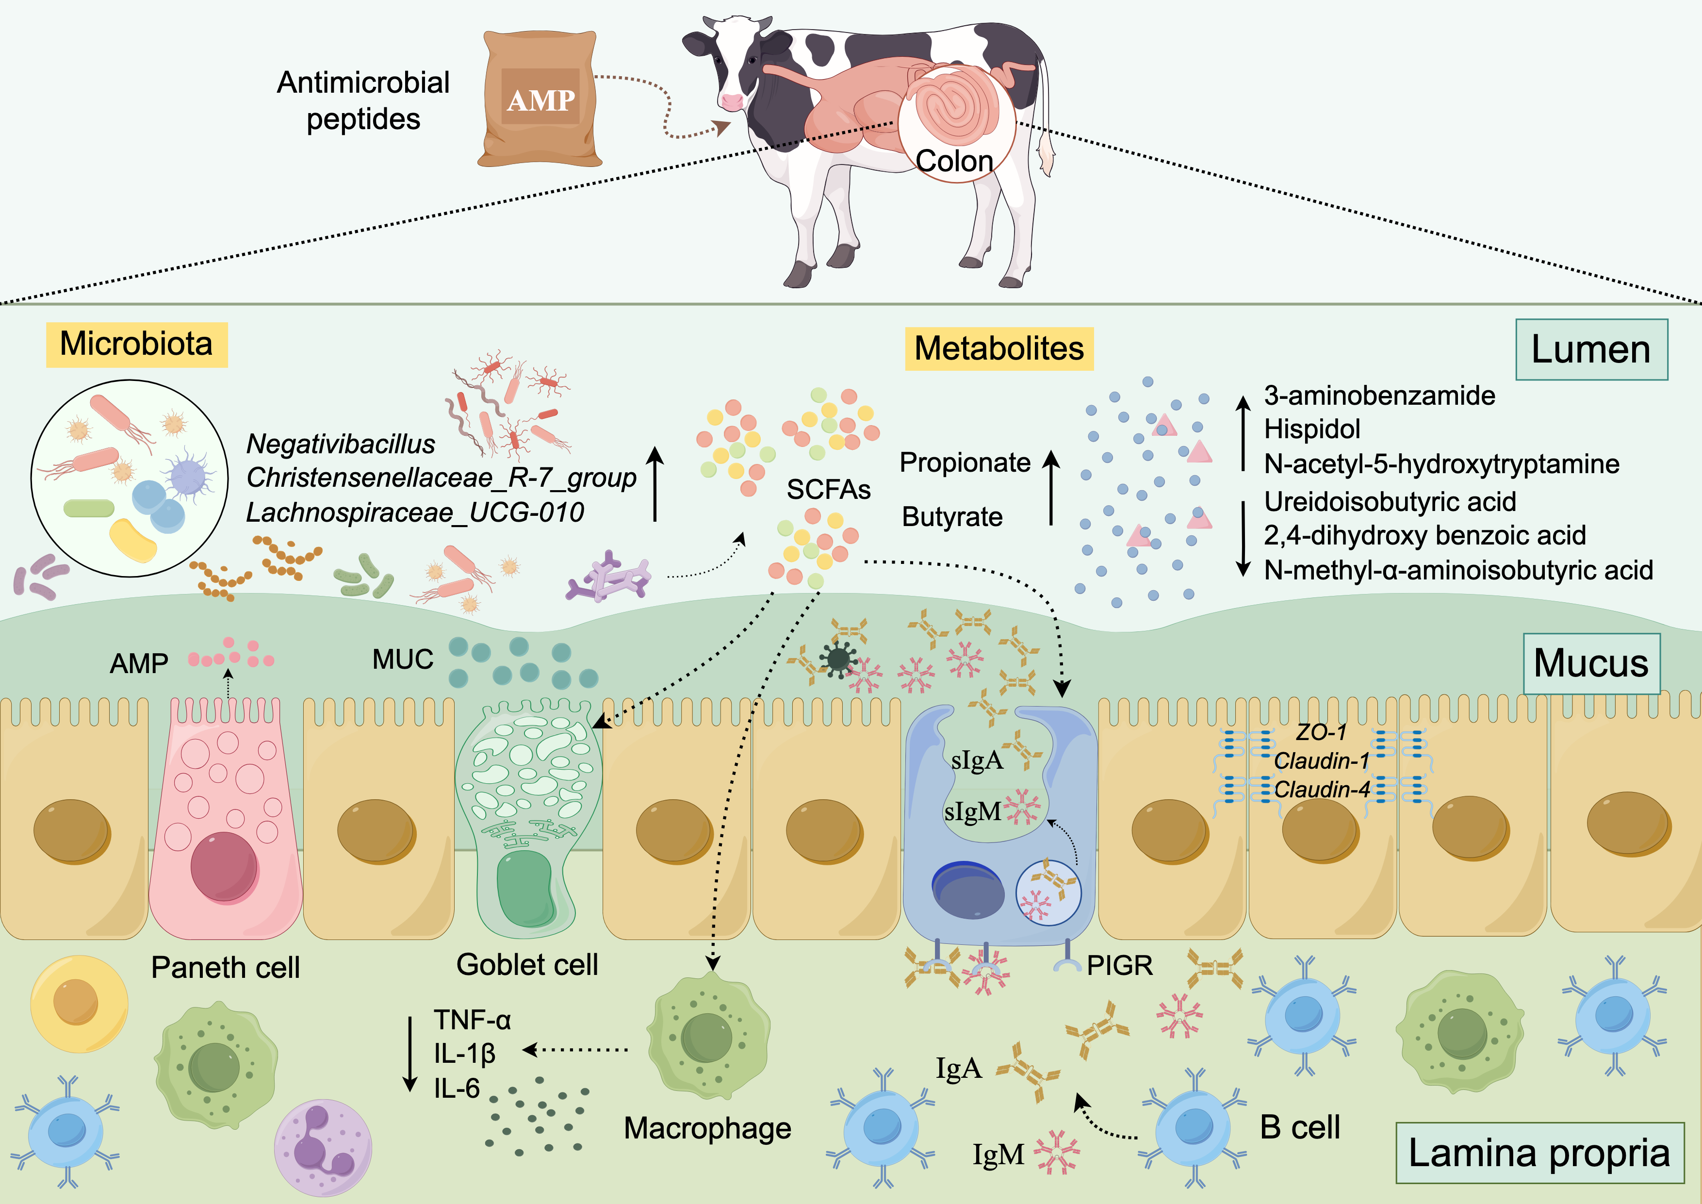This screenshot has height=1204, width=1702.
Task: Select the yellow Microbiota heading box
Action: point(136,344)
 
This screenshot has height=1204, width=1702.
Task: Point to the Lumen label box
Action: point(1591,349)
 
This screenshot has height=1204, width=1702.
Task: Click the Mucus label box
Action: point(1591,663)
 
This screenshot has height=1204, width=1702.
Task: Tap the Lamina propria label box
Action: point(1539,1153)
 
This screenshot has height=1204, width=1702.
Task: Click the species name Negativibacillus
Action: point(340,444)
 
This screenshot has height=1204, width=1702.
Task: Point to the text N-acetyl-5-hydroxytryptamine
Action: point(1441,464)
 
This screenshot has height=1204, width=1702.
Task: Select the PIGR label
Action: point(1119,965)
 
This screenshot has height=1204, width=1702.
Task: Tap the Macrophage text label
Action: point(707,1128)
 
